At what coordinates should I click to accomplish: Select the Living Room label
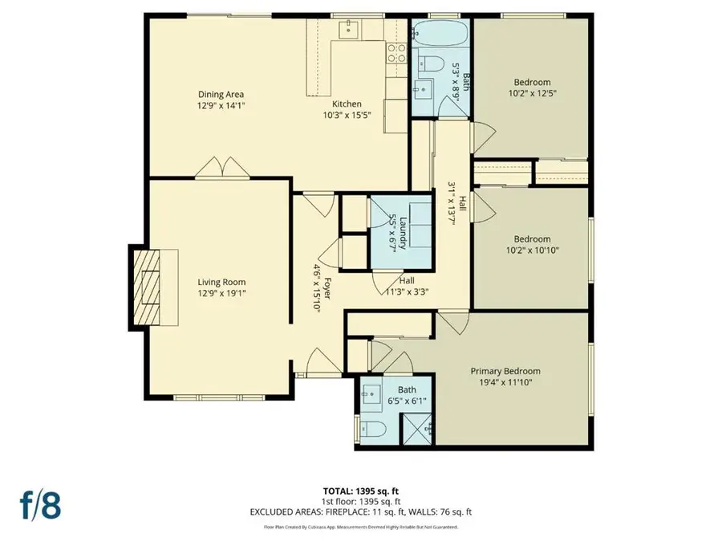point(222,282)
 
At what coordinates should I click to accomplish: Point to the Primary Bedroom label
point(505,371)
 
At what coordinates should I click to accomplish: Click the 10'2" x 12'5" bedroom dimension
point(532,94)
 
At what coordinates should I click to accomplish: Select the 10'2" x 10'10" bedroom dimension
point(532,251)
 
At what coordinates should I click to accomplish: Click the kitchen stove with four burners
point(396,52)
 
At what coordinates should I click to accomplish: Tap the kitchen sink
point(349,30)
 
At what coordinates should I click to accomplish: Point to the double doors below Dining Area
point(221,167)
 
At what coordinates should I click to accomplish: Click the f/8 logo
point(41,505)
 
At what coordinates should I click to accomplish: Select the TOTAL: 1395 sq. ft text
point(361,488)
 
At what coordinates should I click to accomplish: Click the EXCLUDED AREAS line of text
point(361,511)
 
